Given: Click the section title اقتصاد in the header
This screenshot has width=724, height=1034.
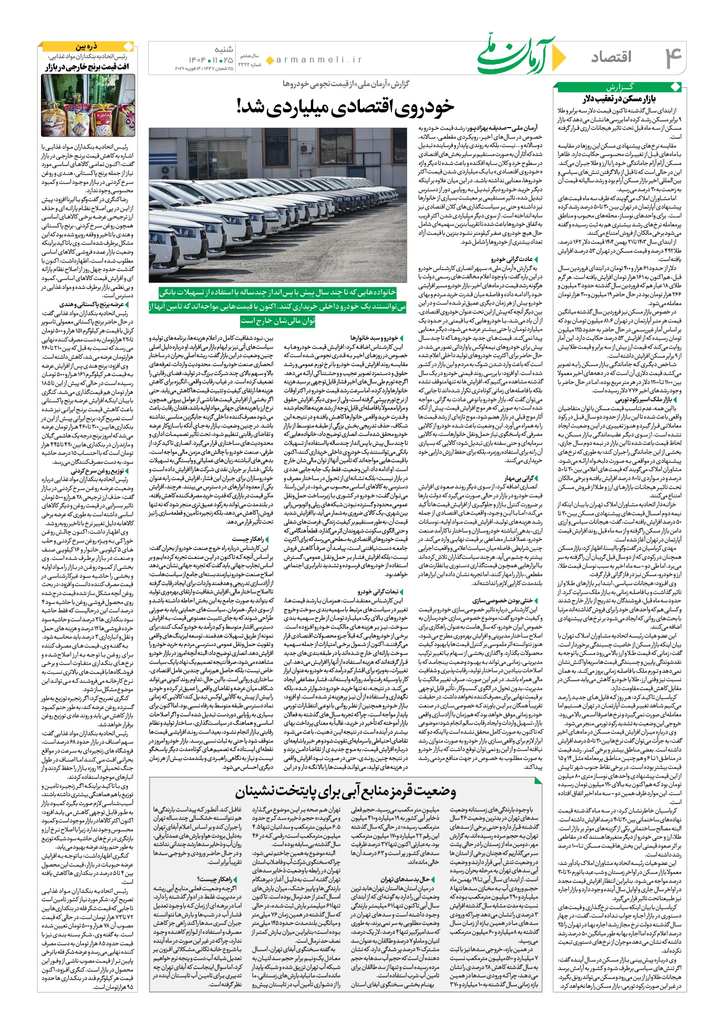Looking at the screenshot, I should pos(611,57).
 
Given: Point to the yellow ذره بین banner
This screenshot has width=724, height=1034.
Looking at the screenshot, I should pos(86,46).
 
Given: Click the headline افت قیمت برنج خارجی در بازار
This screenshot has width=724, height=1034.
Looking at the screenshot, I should pos(87,67).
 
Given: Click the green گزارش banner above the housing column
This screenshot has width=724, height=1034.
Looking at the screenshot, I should pos(619,87).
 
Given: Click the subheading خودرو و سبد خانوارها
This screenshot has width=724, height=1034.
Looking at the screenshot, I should pos(374,338).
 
